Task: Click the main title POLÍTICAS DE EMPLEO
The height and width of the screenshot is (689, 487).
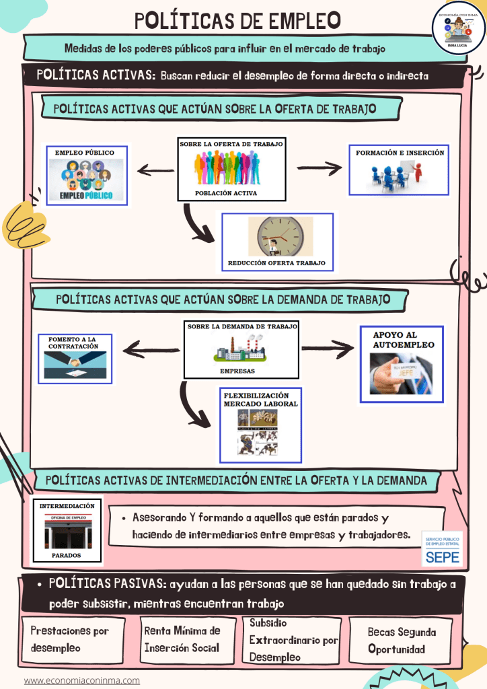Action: click(x=237, y=21)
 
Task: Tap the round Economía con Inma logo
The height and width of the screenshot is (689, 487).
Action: click(x=458, y=27)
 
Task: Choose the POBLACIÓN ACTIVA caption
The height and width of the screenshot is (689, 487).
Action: click(x=226, y=193)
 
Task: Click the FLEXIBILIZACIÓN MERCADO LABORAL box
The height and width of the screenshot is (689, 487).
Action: click(x=260, y=425)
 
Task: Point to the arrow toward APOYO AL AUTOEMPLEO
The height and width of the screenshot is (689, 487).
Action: click(x=328, y=349)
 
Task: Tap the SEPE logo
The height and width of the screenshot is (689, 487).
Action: click(x=441, y=548)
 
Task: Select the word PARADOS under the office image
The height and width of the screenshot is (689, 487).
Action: click(x=67, y=556)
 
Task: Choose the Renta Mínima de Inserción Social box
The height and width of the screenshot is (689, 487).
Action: click(x=182, y=639)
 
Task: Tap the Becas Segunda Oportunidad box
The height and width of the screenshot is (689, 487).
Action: click(x=402, y=641)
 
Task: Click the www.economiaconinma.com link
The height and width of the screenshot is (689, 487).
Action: click(x=82, y=680)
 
